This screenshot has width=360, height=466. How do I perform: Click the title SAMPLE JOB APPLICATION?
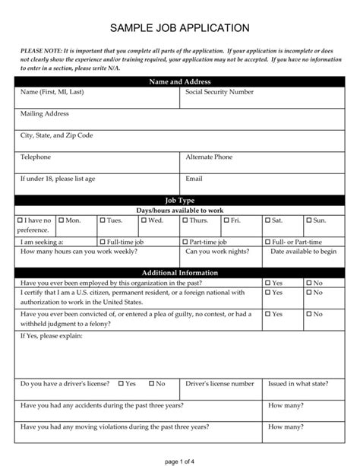[180, 28]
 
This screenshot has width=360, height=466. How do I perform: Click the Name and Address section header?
[179, 81]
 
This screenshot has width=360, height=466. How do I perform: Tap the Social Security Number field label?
[219, 92]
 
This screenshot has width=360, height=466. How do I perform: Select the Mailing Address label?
[44, 113]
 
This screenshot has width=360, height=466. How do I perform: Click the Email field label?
[194, 179]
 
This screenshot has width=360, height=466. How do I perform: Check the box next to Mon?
[62, 220]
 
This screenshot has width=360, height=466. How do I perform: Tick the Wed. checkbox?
[144, 220]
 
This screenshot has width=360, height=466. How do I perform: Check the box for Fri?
[226, 220]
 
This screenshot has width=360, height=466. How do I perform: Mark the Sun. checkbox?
[308, 220]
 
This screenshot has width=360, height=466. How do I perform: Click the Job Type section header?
[179, 200]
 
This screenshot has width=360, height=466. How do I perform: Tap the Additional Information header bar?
[179, 273]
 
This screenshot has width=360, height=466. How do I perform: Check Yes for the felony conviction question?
[268, 313]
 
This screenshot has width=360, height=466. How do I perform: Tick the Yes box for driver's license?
[120, 384]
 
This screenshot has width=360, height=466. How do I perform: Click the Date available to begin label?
[303, 251]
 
